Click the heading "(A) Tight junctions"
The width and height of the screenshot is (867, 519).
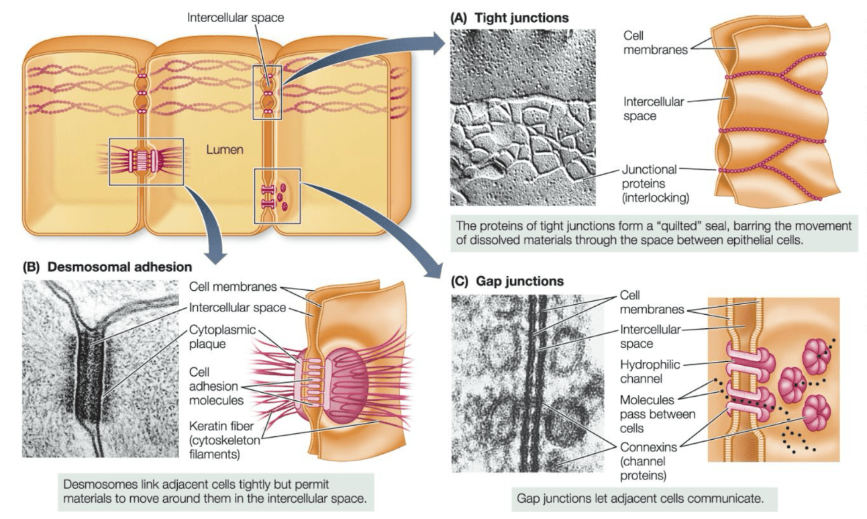click(x=509, y=18)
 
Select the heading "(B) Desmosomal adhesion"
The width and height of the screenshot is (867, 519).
click(x=107, y=267)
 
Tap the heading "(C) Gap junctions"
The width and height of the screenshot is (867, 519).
click(x=507, y=281)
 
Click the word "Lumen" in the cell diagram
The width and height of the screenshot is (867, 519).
click(x=225, y=150)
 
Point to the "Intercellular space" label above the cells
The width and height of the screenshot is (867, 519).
click(x=236, y=18)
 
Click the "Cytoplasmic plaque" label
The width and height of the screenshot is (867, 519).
click(x=222, y=336)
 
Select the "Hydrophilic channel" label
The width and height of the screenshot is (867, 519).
click(x=650, y=371)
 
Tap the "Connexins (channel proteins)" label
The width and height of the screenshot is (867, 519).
click(x=648, y=461)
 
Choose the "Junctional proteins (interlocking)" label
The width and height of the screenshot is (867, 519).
click(x=655, y=183)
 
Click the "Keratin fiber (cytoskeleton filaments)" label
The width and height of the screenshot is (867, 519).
click(x=225, y=440)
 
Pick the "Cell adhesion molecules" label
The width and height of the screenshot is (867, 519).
click(x=216, y=386)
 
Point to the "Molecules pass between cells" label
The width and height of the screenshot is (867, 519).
click(x=658, y=414)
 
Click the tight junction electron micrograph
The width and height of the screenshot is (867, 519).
click(x=523, y=117)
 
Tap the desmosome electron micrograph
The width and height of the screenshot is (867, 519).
click(x=101, y=369)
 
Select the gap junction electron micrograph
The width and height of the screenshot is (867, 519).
click(x=527, y=383)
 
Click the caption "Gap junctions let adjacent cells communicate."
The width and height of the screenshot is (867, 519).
click(x=641, y=498)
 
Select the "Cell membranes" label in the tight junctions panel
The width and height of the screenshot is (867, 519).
click(x=655, y=42)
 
